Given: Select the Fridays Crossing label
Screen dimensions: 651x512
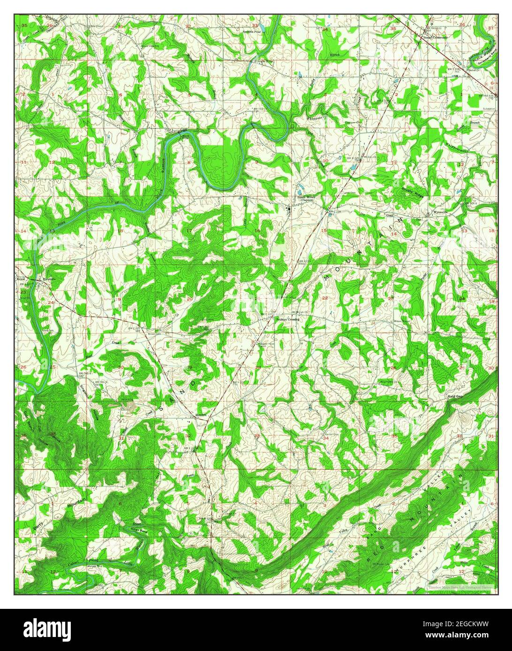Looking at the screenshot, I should pos(286,319).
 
